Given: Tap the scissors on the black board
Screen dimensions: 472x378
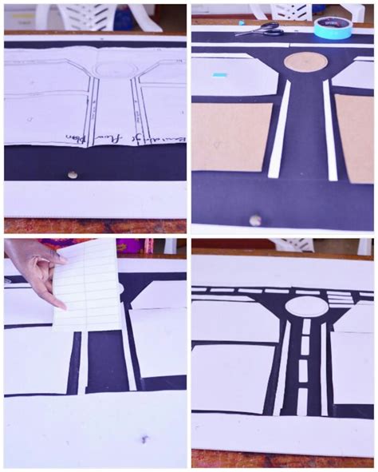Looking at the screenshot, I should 260,30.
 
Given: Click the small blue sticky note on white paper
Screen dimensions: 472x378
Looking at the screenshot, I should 219,74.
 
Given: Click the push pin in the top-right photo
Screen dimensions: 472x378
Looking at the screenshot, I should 255,219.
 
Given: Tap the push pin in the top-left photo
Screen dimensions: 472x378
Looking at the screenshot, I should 73,174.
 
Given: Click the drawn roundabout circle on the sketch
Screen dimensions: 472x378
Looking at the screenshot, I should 110,69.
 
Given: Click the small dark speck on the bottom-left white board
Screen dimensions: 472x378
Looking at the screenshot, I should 144,438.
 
